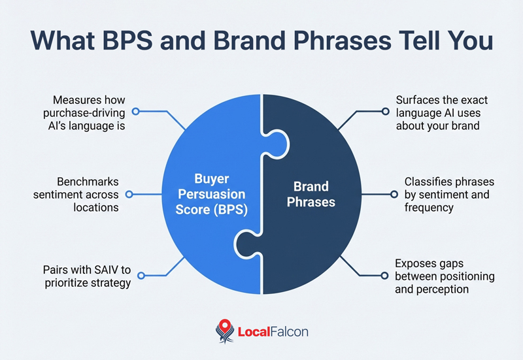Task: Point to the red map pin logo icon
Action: (x=224, y=330)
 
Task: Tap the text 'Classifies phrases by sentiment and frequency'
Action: (x=448, y=194)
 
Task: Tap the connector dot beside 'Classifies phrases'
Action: (x=395, y=194)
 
